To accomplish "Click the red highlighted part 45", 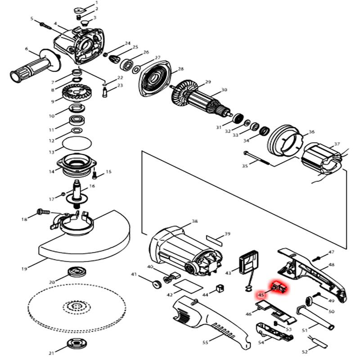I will (279, 287).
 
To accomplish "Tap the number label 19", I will (24, 269).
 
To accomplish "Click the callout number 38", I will (194, 221).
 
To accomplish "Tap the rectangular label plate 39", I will (216, 238).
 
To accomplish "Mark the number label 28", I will (181, 69).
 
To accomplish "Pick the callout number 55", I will (205, 343).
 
